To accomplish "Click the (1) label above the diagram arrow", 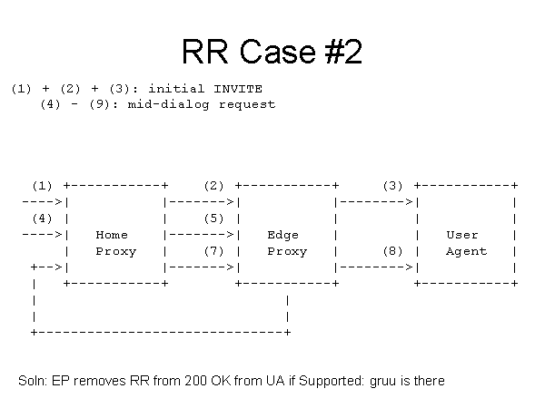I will [x=43, y=186].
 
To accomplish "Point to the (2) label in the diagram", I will [x=213, y=186].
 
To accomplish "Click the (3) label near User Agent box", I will [x=392, y=186].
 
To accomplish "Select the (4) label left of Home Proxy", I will [x=43, y=219].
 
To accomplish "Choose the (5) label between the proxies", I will [x=213, y=219].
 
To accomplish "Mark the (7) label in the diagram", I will [x=213, y=251].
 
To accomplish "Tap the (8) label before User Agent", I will [x=392, y=251].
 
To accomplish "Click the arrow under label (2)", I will [x=202, y=202].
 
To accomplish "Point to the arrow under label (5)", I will [x=202, y=235].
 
